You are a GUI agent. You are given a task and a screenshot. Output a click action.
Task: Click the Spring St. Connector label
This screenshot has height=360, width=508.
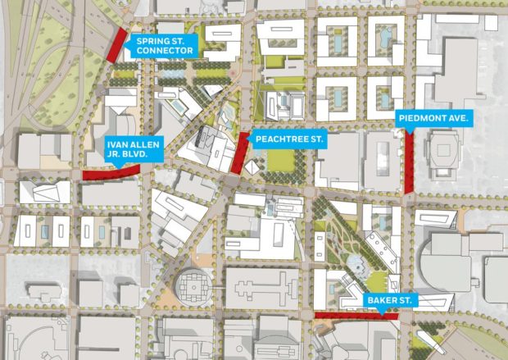point(165,45)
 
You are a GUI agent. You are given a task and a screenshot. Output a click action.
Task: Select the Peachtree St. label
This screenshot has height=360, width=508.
point(289,140)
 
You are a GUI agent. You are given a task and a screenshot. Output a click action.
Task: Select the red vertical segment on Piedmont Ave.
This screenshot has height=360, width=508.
point(408,164)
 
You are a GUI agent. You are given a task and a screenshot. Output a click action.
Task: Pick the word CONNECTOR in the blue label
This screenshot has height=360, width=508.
point(165,51)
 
